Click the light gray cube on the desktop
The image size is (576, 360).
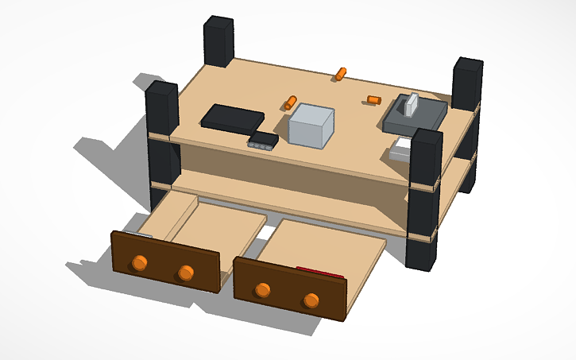coord(311,126)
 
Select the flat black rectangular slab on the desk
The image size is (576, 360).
coord(232,118)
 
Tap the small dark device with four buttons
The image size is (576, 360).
coord(262,141)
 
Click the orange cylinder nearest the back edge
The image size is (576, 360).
coord(341,74)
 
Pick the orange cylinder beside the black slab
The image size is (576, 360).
coord(291,102)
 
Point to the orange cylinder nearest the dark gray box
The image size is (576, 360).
coord(374,99)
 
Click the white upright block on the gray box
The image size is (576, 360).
coord(412,104)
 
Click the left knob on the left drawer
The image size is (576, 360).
coord(140,263)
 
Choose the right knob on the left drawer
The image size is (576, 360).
coord(186,273)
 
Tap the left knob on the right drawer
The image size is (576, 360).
coord(263,289)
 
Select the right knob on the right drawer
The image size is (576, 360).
coord(311,300)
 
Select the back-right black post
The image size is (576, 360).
coord(467,83)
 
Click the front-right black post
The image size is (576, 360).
coord(425,199)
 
